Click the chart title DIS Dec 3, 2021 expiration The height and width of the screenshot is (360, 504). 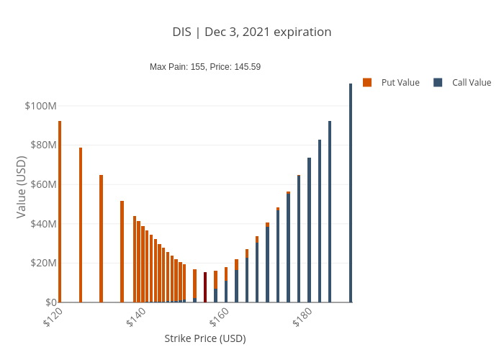click(x=252, y=32)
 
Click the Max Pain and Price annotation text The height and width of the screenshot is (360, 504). click(x=205, y=67)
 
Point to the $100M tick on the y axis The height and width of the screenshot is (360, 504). click(x=40, y=106)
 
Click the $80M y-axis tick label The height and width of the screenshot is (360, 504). click(x=42, y=145)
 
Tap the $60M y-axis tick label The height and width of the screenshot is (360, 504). click(x=42, y=184)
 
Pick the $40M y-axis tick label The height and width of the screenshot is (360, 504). click(x=42, y=223)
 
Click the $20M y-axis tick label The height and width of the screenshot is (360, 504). click(x=42, y=263)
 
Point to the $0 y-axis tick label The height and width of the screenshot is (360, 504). click(x=50, y=302)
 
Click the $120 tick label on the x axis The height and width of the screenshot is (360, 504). click(x=53, y=318)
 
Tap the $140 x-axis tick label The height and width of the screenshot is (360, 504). click(x=136, y=318)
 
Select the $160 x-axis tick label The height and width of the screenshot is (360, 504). click(x=219, y=318)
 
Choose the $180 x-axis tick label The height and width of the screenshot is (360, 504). click(x=302, y=318)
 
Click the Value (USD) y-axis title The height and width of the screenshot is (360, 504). click(x=21, y=187)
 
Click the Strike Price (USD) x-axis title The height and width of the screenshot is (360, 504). click(x=205, y=338)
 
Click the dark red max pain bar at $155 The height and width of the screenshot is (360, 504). click(x=205, y=287)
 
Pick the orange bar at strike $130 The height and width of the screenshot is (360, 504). click(x=102, y=238)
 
